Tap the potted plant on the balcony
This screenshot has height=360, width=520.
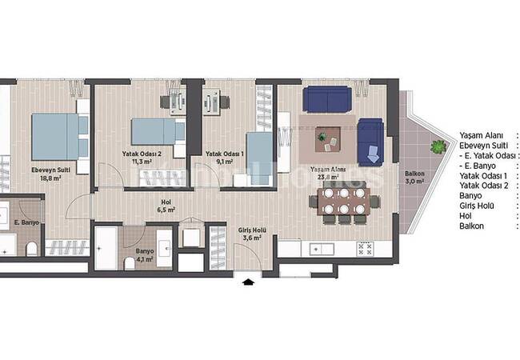tap(437, 146)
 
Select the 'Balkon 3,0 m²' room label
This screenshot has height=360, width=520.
tap(414, 177)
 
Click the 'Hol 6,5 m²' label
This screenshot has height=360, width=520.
tap(166, 206)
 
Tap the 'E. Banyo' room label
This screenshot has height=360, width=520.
tap(26, 223)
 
